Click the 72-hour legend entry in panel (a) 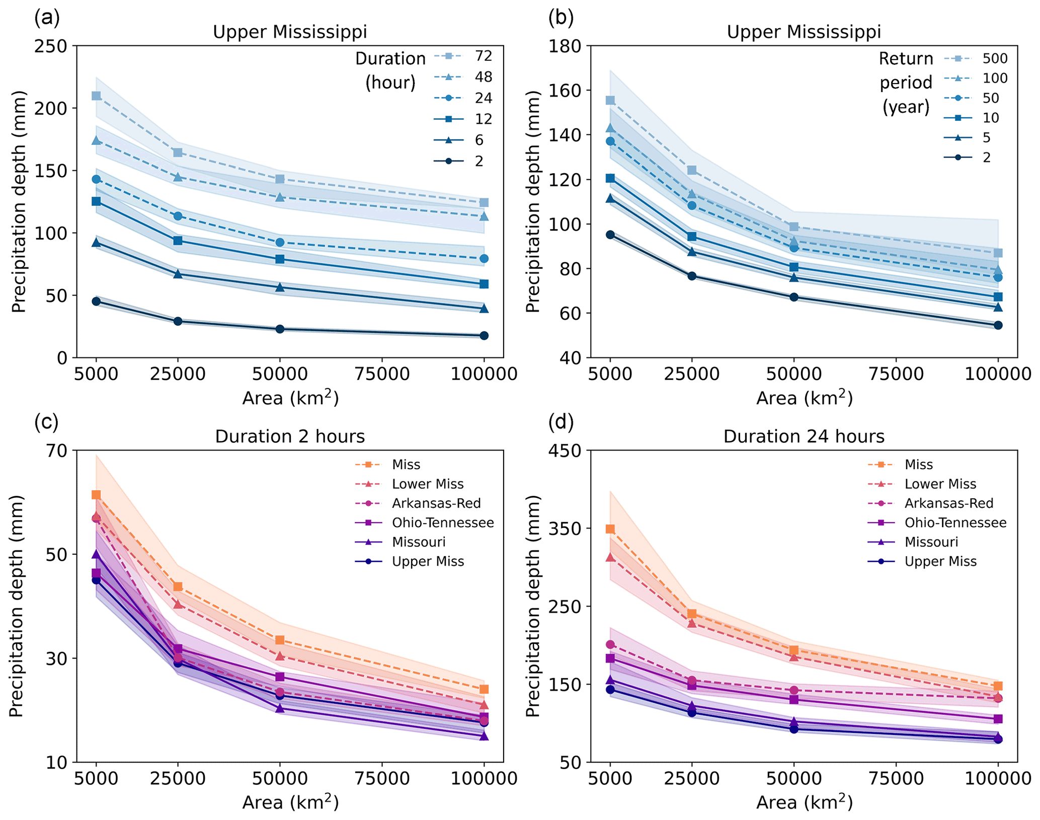(463, 56)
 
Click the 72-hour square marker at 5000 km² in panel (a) (96, 96)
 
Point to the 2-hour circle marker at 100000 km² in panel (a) (484, 336)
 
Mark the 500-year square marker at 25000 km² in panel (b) (692, 170)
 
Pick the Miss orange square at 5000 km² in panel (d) (610, 529)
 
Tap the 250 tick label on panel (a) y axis (51, 46)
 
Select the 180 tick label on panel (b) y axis (565, 46)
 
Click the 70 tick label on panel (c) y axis (56, 450)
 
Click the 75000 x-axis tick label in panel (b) (897, 374)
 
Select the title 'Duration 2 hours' (290, 436)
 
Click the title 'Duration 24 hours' (804, 436)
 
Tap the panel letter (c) (46, 421)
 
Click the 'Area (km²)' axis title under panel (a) (290, 398)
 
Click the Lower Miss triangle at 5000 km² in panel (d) (610, 557)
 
